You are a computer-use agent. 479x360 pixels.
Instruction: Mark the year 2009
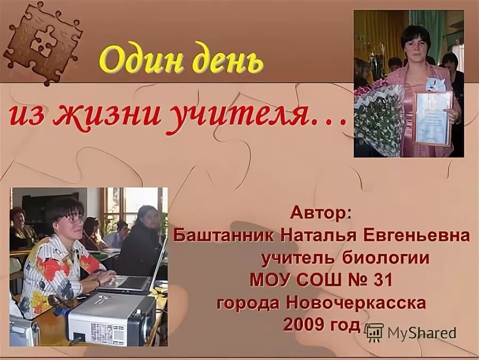pyautogui.click(x=304, y=324)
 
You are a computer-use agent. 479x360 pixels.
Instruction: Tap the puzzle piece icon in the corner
pyautogui.click(x=43, y=42)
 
